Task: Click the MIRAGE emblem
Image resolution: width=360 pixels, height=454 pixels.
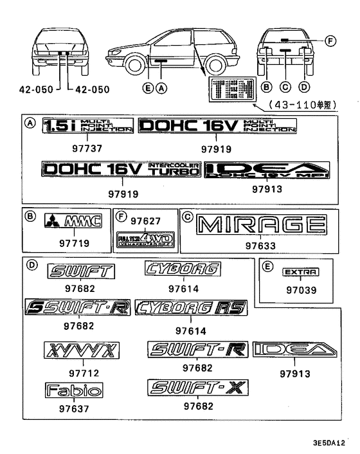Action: coord(261,226)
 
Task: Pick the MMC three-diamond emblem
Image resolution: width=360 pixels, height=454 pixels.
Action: coord(73,222)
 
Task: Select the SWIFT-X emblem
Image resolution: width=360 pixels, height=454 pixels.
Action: coord(197,388)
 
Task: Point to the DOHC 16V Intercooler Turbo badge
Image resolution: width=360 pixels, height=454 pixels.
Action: coord(122,170)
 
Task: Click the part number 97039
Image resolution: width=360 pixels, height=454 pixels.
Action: coord(301,290)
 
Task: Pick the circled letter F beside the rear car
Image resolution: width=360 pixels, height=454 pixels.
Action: coord(330,42)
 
